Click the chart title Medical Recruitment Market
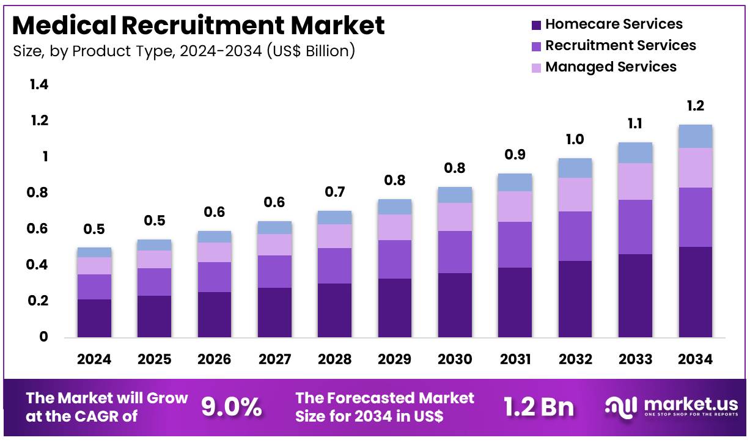tap(199, 26)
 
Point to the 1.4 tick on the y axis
tap(39, 85)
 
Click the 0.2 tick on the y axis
tap(39, 301)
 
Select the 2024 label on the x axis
tap(94, 359)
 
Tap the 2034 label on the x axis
tap(696, 359)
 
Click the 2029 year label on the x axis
tap(395, 359)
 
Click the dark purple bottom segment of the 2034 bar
tap(696, 292)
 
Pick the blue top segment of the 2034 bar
tap(696, 136)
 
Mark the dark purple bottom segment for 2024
tap(94, 318)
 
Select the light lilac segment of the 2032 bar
tap(575, 194)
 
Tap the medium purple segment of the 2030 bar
tap(455, 252)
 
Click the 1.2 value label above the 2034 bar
tap(696, 106)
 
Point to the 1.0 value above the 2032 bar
tap(575, 139)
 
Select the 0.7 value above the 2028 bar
tap(335, 192)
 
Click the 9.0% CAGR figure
tap(232, 407)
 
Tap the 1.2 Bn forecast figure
tap(539, 407)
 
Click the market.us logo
tap(671, 406)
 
